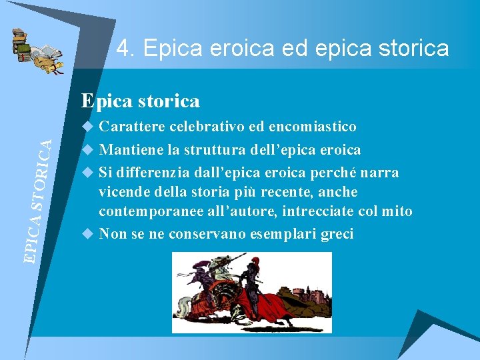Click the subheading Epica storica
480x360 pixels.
(140, 101)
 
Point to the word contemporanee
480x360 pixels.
(152, 212)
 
